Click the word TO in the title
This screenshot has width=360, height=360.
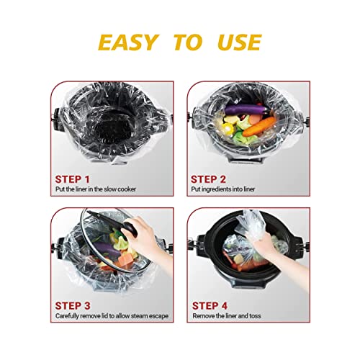click(x=187, y=42)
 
